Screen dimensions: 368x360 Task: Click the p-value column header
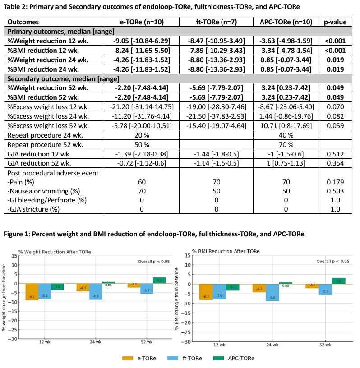(x=336, y=22)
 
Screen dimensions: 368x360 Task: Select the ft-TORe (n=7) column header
(x=217, y=22)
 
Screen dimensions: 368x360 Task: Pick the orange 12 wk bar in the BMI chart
(x=206, y=292)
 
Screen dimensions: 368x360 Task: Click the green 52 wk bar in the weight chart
(x=159, y=281)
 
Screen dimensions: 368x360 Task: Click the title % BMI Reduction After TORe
(x=220, y=251)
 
